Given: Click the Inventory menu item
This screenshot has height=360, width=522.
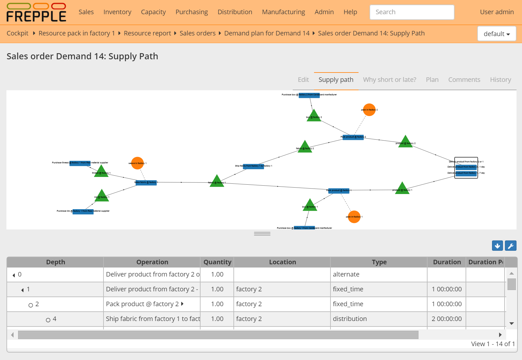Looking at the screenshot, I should [117, 12].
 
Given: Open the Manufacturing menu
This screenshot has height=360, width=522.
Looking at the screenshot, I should [283, 12].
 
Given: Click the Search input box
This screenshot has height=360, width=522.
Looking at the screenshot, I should [412, 12].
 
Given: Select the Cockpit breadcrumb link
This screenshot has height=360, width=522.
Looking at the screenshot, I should [17, 33].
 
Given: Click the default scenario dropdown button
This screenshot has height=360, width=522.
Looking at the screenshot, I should [497, 34].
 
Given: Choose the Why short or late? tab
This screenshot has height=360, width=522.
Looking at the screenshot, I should [389, 80].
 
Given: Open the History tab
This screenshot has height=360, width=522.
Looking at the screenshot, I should [500, 80].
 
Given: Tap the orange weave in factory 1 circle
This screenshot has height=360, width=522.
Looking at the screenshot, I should [137, 163].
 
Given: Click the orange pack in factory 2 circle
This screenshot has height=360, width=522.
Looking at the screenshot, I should [369, 110].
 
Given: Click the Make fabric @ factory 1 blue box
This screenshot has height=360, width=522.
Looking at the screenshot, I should [146, 182].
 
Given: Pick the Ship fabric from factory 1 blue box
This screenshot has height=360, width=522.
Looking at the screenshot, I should [253, 166].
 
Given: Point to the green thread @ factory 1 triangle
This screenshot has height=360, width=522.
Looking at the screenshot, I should [101, 172].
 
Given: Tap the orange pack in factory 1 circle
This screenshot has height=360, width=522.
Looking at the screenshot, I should [354, 217].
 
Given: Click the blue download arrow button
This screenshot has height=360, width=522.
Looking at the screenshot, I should [497, 246].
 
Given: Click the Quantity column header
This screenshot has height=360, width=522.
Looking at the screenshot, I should [217, 262].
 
